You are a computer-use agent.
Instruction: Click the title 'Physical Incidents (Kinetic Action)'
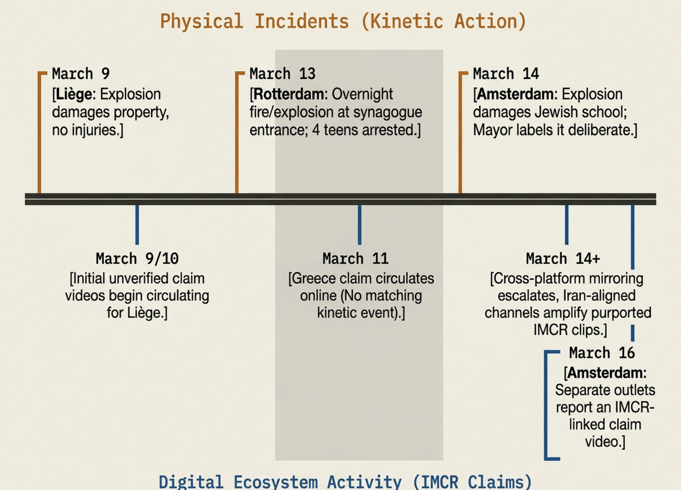tap(343, 22)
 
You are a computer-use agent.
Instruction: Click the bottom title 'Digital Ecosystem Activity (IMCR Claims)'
tap(345, 482)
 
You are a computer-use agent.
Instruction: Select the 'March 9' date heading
tap(80, 74)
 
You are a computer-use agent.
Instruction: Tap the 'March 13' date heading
tap(282, 74)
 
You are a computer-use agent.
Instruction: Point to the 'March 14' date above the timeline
tap(506, 74)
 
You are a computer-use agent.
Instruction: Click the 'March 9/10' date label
tap(137, 259)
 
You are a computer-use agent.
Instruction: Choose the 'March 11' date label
tap(355, 259)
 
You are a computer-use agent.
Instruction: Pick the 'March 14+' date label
tap(563, 259)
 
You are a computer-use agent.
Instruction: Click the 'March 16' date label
tap(602, 353)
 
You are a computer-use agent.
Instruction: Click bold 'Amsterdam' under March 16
tap(606, 373)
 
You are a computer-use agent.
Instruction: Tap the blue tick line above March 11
tap(359, 224)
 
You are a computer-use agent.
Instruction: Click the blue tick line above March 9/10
tap(137, 224)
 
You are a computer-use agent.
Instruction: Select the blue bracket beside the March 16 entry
tap(546, 404)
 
